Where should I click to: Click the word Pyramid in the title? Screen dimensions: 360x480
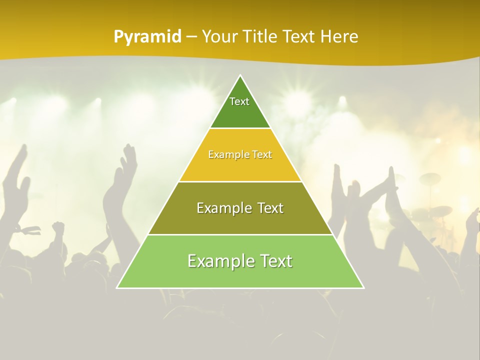(x=147, y=37)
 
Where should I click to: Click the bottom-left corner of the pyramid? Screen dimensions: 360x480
(x=118, y=287)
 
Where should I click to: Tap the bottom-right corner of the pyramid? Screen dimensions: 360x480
(x=363, y=287)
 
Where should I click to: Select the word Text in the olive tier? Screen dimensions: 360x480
(x=267, y=208)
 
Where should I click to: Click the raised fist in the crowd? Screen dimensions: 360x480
(x=59, y=227)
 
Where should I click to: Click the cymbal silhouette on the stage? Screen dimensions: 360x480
(x=429, y=178)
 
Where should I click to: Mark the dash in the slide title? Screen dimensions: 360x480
(x=191, y=37)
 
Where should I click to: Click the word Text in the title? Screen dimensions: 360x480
(x=299, y=37)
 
